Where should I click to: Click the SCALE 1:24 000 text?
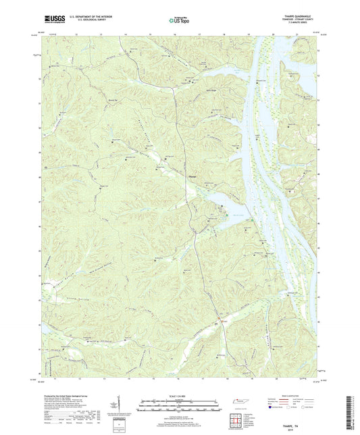[180, 395]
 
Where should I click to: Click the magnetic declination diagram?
[126, 405]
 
